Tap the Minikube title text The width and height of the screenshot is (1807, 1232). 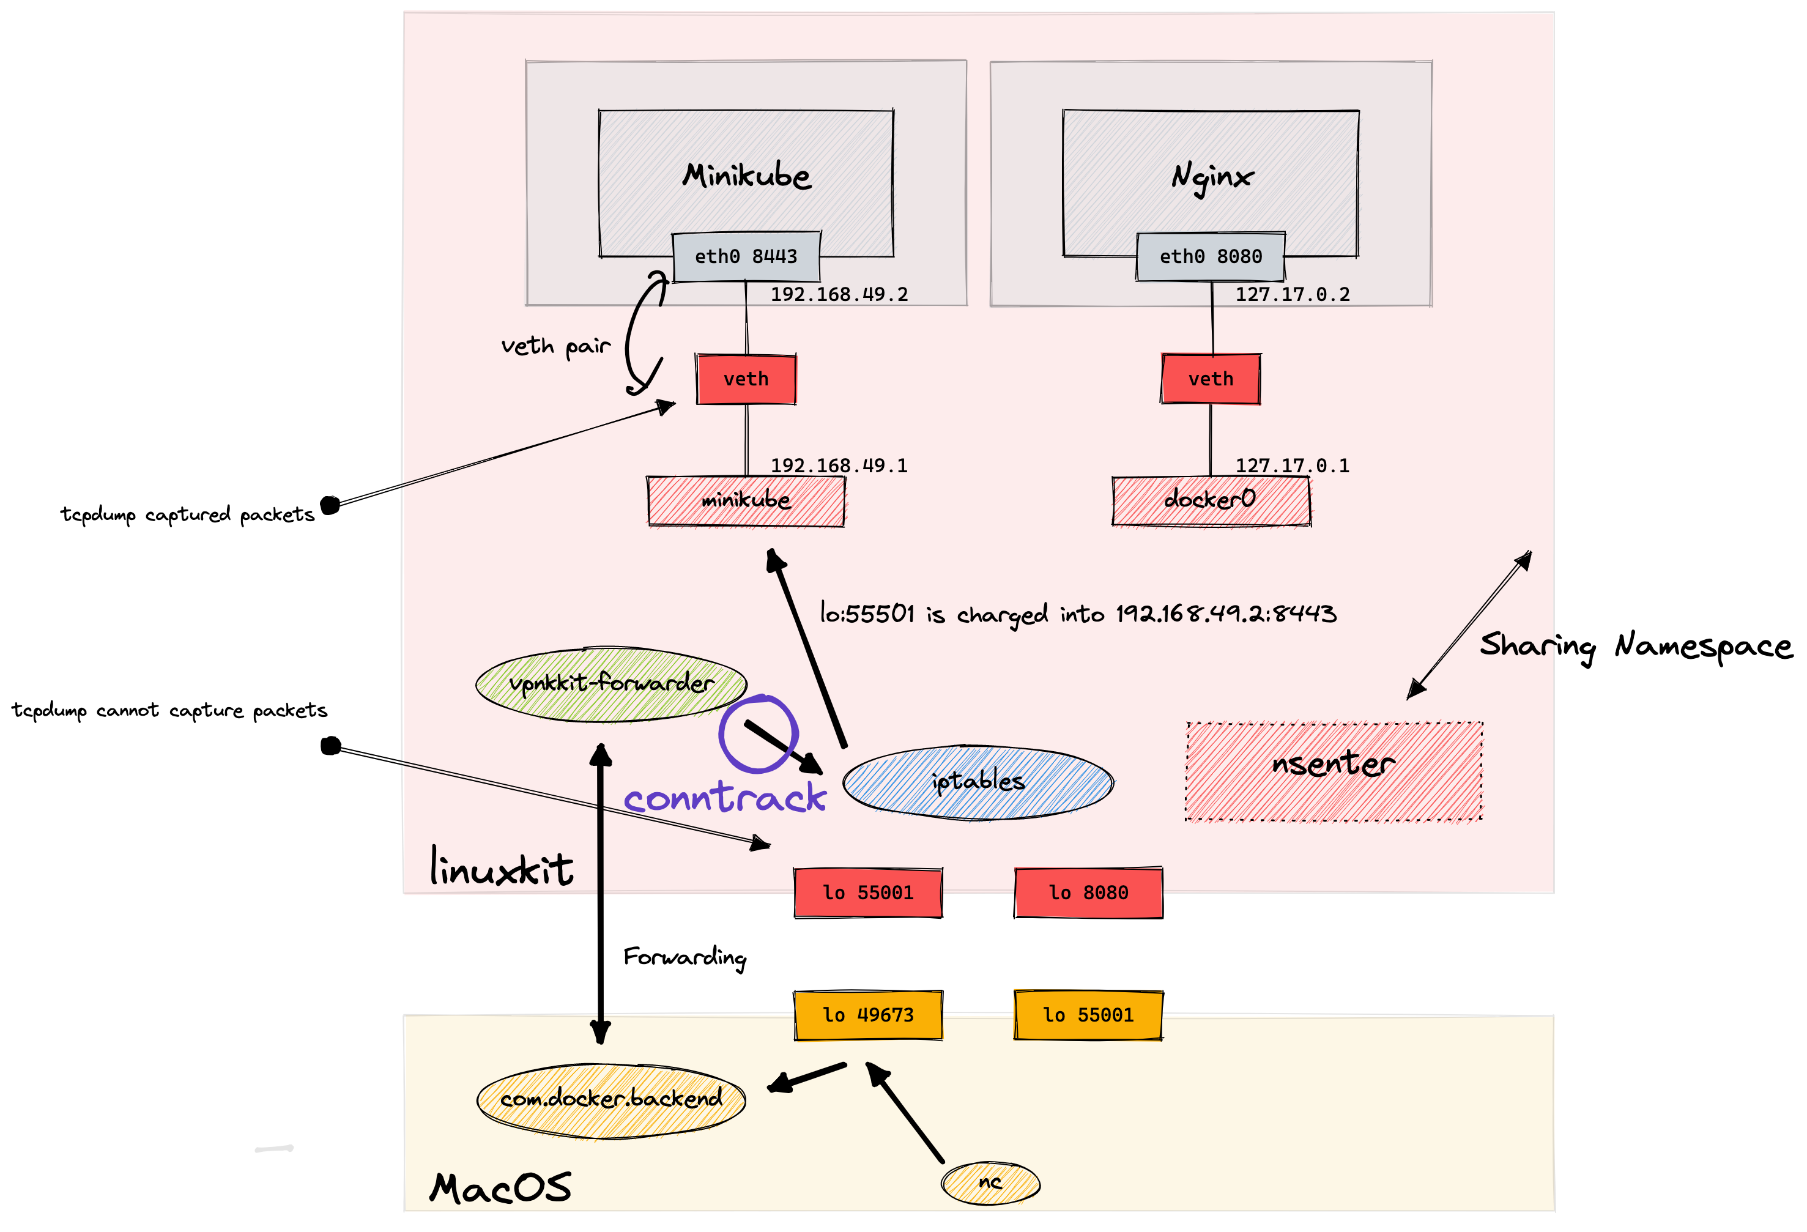(x=746, y=176)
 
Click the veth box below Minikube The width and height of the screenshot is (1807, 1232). (x=746, y=379)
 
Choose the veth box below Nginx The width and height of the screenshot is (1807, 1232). (x=1210, y=379)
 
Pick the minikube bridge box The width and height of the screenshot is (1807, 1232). (x=746, y=500)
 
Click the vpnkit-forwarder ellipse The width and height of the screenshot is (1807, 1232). (x=611, y=684)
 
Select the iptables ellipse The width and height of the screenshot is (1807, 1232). (x=978, y=782)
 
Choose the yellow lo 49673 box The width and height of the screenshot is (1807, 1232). (x=868, y=1015)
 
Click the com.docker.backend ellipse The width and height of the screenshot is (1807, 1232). (x=611, y=1099)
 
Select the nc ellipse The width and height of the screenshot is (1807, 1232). (x=990, y=1183)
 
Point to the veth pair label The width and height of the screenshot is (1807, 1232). (x=555, y=346)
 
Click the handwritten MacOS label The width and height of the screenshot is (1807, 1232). (x=500, y=1189)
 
